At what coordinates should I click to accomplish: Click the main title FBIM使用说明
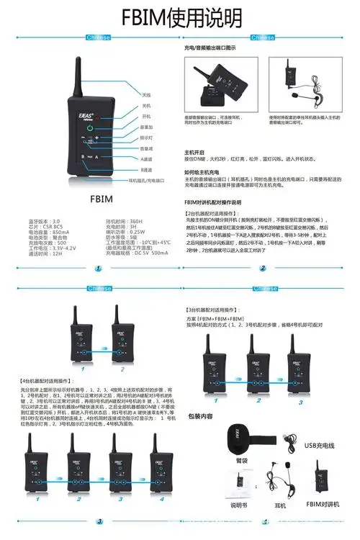[179, 18]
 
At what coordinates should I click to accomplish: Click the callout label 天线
[146, 94]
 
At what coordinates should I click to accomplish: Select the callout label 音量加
[147, 126]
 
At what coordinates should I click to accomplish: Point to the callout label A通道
[147, 158]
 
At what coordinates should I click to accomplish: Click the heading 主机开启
[197, 152]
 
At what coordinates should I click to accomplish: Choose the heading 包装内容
[200, 416]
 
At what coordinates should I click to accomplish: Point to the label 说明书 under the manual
[238, 506]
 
